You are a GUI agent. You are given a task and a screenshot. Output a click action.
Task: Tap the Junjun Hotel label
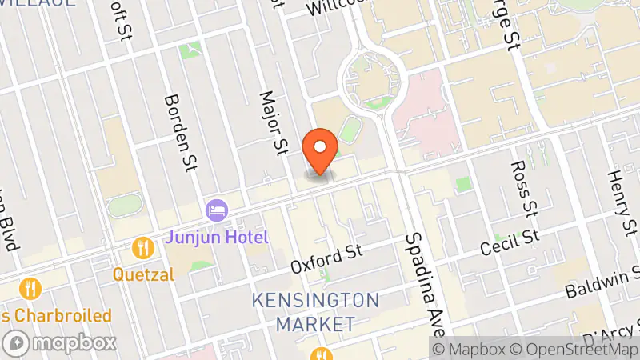click(x=218, y=238)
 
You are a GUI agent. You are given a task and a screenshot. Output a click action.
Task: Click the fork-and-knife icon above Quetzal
click(x=144, y=246)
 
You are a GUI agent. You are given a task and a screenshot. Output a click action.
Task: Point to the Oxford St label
click(x=326, y=258)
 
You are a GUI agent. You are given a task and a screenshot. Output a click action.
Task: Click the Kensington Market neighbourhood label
click(x=315, y=312)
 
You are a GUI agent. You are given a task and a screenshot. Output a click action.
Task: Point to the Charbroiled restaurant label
click(x=56, y=315)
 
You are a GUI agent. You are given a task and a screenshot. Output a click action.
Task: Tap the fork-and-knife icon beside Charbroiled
click(x=32, y=288)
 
